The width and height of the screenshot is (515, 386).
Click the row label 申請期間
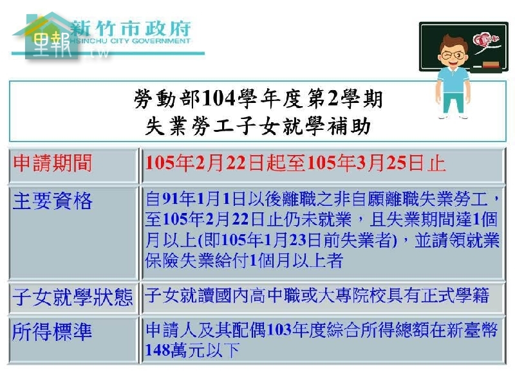pyautogui.click(x=53, y=163)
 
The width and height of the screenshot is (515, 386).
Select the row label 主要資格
pyautogui.click(x=53, y=201)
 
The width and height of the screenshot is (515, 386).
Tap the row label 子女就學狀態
pyautogui.click(x=73, y=297)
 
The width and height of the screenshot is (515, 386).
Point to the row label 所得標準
pyautogui.click(x=52, y=332)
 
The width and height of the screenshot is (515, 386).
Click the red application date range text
pyautogui.click(x=295, y=163)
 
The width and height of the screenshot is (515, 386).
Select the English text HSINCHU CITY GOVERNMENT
pyautogui.click(x=131, y=41)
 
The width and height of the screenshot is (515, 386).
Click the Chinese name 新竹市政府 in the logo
pyautogui.click(x=131, y=28)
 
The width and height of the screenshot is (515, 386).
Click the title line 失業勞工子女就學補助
pyautogui.click(x=258, y=126)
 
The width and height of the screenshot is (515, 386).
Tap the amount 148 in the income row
pyautogui.click(x=156, y=351)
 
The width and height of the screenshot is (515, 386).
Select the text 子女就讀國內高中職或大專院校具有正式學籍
pyautogui.click(x=317, y=295)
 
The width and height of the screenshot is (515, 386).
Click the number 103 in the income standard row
pyautogui.click(x=279, y=330)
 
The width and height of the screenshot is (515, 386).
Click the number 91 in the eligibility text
pyautogui.click(x=171, y=199)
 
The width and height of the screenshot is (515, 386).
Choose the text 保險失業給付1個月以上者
pyautogui.click(x=244, y=261)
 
